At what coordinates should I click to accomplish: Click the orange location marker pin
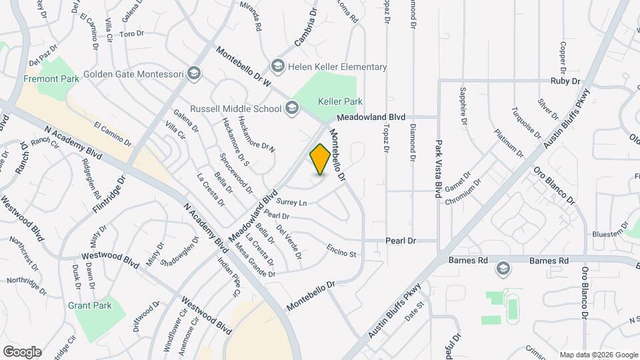(320, 159)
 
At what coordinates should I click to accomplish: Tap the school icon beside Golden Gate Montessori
(194, 73)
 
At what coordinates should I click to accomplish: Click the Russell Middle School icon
(291, 108)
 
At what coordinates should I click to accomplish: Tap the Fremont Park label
(51, 79)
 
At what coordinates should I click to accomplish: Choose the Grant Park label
(89, 305)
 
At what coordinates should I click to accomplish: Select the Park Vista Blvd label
(439, 169)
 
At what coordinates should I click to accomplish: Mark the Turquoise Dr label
(527, 123)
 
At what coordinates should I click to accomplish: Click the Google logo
(21, 351)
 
